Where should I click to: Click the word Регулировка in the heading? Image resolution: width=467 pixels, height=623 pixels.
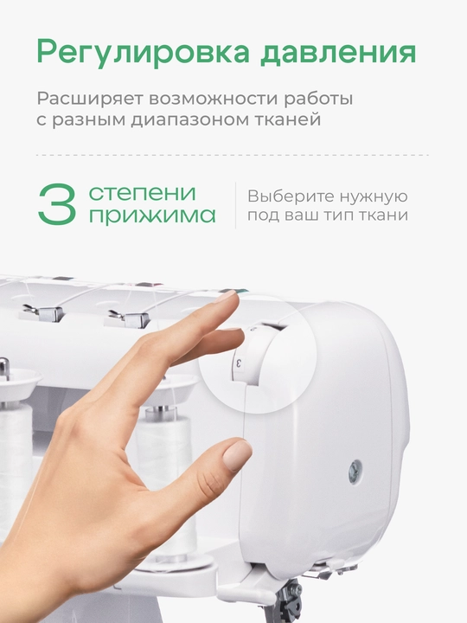click(x=144, y=53)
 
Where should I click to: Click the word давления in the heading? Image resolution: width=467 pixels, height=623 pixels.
click(x=338, y=53)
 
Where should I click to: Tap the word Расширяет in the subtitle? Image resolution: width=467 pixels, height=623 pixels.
click(x=90, y=100)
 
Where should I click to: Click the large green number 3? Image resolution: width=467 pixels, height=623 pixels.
click(x=57, y=204)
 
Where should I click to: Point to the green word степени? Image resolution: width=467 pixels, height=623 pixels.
click(x=142, y=194)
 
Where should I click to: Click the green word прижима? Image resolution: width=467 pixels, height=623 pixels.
click(x=152, y=215)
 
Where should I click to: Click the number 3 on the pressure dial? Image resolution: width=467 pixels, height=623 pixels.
click(x=239, y=363)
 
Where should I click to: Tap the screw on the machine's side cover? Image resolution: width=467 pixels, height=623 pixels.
click(x=355, y=472)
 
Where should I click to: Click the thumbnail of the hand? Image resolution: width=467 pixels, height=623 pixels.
click(x=237, y=454)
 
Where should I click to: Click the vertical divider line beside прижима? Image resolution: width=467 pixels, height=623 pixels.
click(x=235, y=205)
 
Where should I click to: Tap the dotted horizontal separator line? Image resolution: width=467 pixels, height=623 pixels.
click(x=233, y=155)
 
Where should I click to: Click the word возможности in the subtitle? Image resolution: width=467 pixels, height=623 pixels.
click(x=213, y=100)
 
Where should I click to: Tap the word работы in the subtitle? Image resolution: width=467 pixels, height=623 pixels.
click(x=318, y=99)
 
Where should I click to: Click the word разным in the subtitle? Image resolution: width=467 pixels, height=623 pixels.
click(x=89, y=119)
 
